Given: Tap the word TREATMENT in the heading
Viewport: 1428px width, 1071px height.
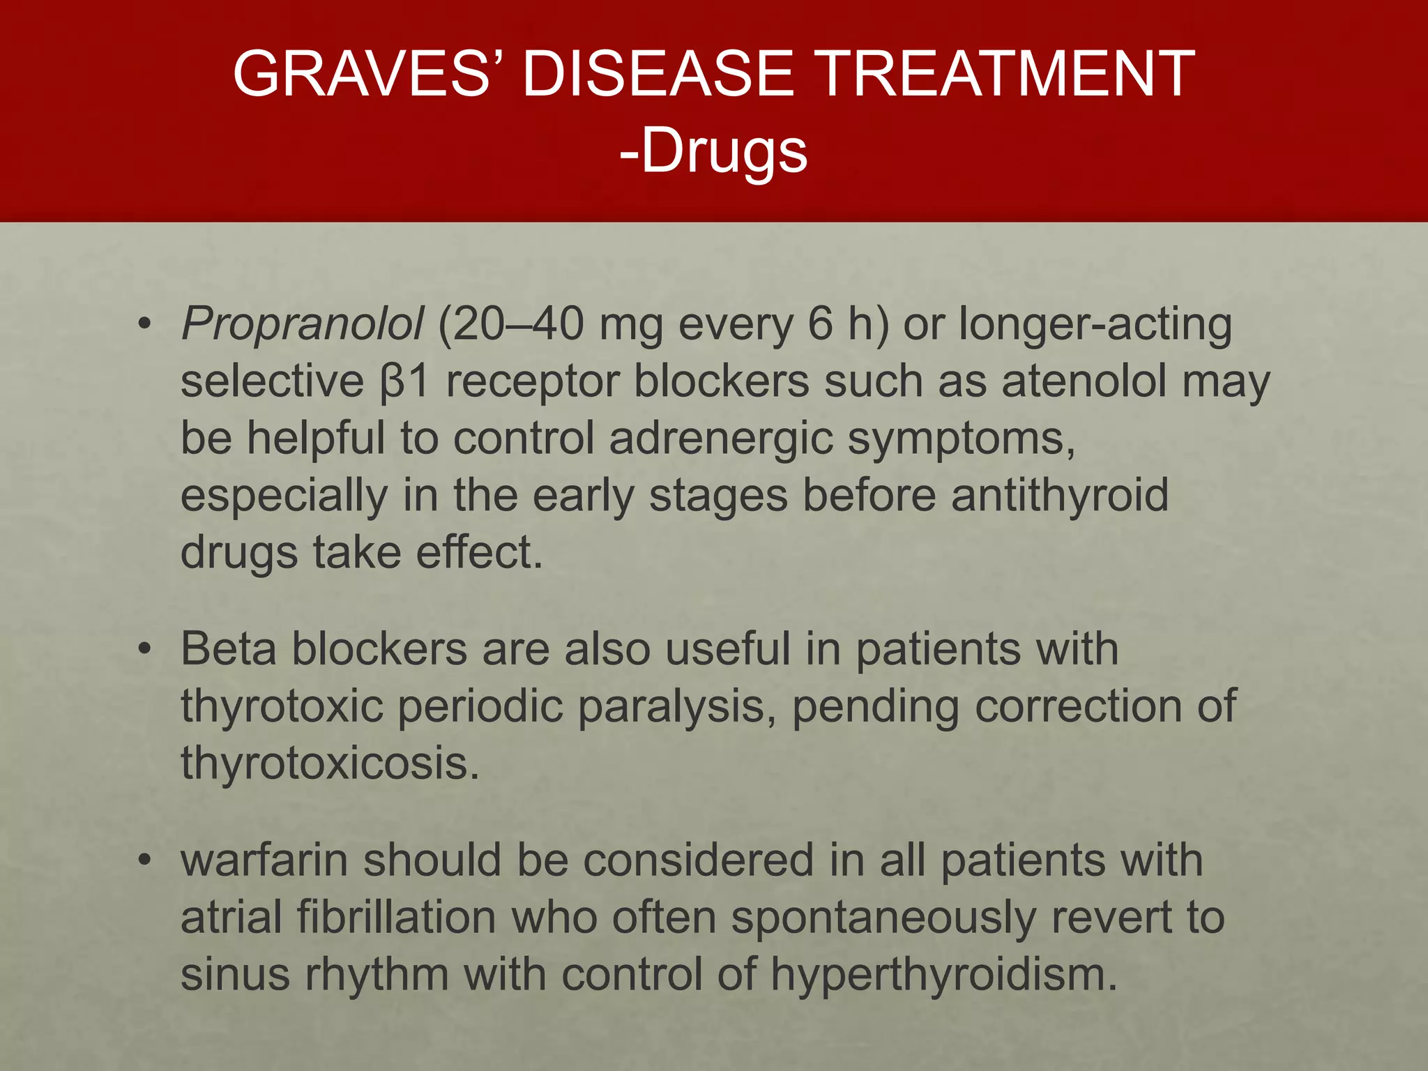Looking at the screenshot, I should coord(1004,73).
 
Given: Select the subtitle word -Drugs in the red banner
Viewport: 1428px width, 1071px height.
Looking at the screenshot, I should coord(713,151).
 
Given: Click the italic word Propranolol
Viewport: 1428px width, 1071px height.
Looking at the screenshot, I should coord(301,324).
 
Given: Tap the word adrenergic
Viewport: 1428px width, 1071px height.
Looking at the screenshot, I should coord(721,439).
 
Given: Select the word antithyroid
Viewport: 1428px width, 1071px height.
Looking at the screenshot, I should coord(1060,495).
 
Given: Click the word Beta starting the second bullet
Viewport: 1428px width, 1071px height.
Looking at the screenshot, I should coord(228,649).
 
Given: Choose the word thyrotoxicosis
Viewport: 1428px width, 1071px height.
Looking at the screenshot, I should coord(330,764).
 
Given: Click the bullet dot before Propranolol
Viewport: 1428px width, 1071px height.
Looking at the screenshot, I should coord(144,325).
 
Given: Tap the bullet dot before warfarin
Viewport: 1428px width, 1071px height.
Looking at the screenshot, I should coord(144,861).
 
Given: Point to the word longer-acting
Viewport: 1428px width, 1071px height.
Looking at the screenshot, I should coord(1095,325).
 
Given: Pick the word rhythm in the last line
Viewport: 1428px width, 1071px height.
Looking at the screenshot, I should coord(377,975).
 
